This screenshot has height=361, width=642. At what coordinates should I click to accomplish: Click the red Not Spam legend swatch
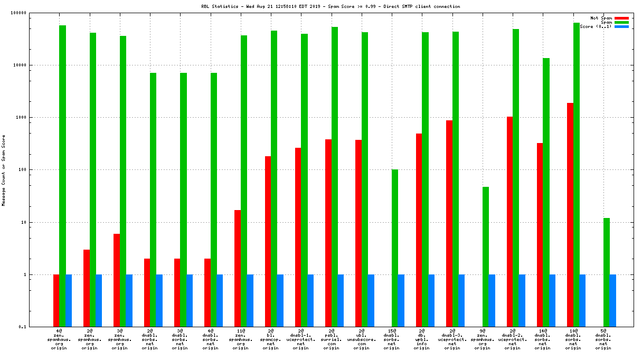[x=621, y=18]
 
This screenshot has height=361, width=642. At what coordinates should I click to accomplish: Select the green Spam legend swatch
[x=621, y=22]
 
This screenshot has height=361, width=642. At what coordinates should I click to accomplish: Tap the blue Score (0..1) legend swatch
[x=621, y=26]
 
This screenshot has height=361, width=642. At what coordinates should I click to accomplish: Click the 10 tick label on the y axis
[x=37, y=222]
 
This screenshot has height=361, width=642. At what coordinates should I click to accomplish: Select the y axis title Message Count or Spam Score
[x=4, y=170]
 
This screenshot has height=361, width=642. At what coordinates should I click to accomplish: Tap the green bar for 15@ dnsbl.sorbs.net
[x=394, y=248]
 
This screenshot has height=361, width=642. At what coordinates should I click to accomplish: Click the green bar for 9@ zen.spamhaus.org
[x=485, y=257]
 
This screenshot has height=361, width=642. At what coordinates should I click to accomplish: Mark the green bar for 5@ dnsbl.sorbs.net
[x=607, y=272]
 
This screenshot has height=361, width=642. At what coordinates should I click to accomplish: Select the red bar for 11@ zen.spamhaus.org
[x=238, y=269]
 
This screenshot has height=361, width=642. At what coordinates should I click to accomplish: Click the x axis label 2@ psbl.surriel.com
[x=331, y=338]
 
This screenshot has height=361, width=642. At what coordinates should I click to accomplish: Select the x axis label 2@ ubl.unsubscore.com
[x=361, y=338]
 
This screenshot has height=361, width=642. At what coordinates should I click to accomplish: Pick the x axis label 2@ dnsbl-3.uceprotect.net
[x=452, y=338]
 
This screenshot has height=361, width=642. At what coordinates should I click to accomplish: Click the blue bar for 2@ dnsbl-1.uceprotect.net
[x=310, y=301]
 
